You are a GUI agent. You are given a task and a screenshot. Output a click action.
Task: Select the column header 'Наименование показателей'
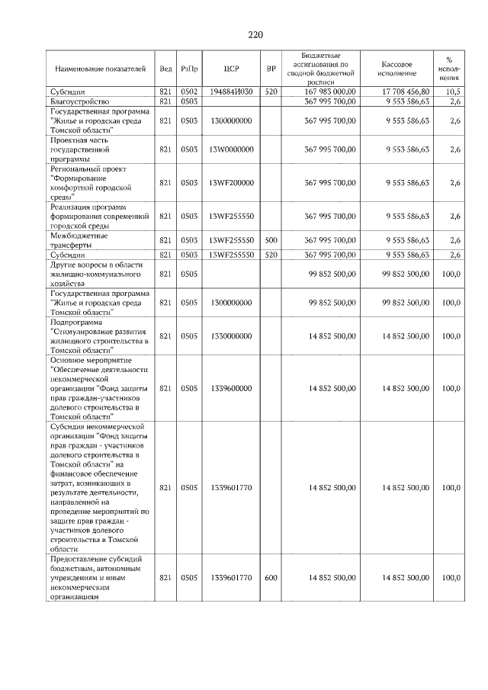[99, 69]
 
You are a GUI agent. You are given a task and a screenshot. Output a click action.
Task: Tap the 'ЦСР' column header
[233, 69]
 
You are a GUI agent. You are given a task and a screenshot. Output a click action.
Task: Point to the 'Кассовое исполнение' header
[399, 69]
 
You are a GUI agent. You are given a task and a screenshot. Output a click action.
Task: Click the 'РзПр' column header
[189, 69]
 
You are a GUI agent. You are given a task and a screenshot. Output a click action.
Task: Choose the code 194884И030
[232, 91]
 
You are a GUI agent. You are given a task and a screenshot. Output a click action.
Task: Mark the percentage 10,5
[454, 91]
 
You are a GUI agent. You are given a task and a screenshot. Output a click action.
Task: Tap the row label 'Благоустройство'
[80, 101]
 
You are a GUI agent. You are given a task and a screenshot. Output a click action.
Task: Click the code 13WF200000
[232, 183]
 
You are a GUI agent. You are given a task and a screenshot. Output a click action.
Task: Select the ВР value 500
[271, 240]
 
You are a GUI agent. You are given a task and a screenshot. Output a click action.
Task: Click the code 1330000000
[232, 335]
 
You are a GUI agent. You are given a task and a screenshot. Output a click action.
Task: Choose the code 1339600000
[232, 388]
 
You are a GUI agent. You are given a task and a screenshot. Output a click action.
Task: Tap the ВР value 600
[271, 578]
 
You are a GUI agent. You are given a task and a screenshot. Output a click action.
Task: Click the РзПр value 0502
[189, 91]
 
